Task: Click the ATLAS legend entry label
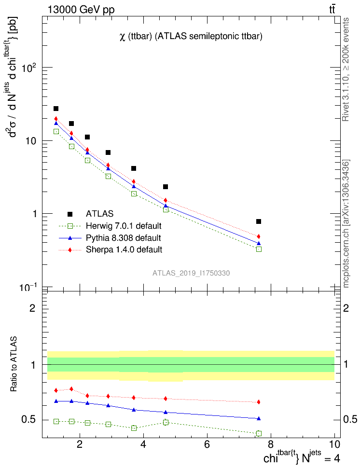(99, 214)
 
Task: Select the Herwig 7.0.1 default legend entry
(123, 226)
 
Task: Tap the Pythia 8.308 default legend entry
(123, 238)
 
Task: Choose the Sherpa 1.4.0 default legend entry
(124, 250)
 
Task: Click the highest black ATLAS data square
(56, 109)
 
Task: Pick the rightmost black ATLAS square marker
(259, 221)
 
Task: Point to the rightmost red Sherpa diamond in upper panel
(259, 236)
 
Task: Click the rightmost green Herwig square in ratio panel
(259, 433)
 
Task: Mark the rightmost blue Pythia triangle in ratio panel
(259, 418)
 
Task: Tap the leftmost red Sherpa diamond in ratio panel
(56, 390)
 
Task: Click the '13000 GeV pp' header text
(81, 10)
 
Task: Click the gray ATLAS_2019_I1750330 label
(191, 273)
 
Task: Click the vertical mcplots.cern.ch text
(347, 223)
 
